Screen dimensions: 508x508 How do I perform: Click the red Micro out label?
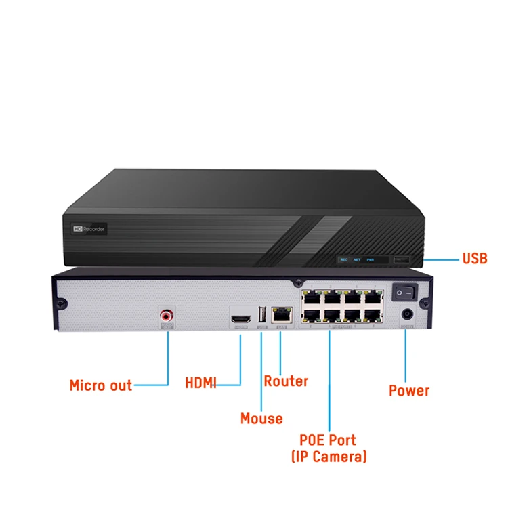pos(100,386)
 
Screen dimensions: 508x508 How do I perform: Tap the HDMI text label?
pos(200,383)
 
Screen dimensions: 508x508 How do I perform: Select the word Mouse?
pos(261,419)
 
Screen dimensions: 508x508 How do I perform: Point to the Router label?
pos(286,381)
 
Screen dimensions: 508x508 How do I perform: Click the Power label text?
pos(409,391)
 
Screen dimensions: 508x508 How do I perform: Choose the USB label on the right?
pos(475,258)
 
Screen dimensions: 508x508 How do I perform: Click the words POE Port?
pos(328,440)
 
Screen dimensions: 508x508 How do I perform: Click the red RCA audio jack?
pos(167,315)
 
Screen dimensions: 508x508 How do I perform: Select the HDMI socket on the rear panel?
pos(240,317)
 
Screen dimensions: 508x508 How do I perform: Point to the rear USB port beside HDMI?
pos(261,316)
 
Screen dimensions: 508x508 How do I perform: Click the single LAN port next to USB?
pos(280,314)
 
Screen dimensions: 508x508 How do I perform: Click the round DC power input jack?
pos(407,314)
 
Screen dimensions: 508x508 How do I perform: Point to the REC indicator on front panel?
pos(343,259)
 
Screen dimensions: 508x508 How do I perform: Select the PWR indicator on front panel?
pos(371,259)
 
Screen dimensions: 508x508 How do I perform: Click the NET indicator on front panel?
pos(356,259)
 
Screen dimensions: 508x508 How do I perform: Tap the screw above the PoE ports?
pos(297,282)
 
